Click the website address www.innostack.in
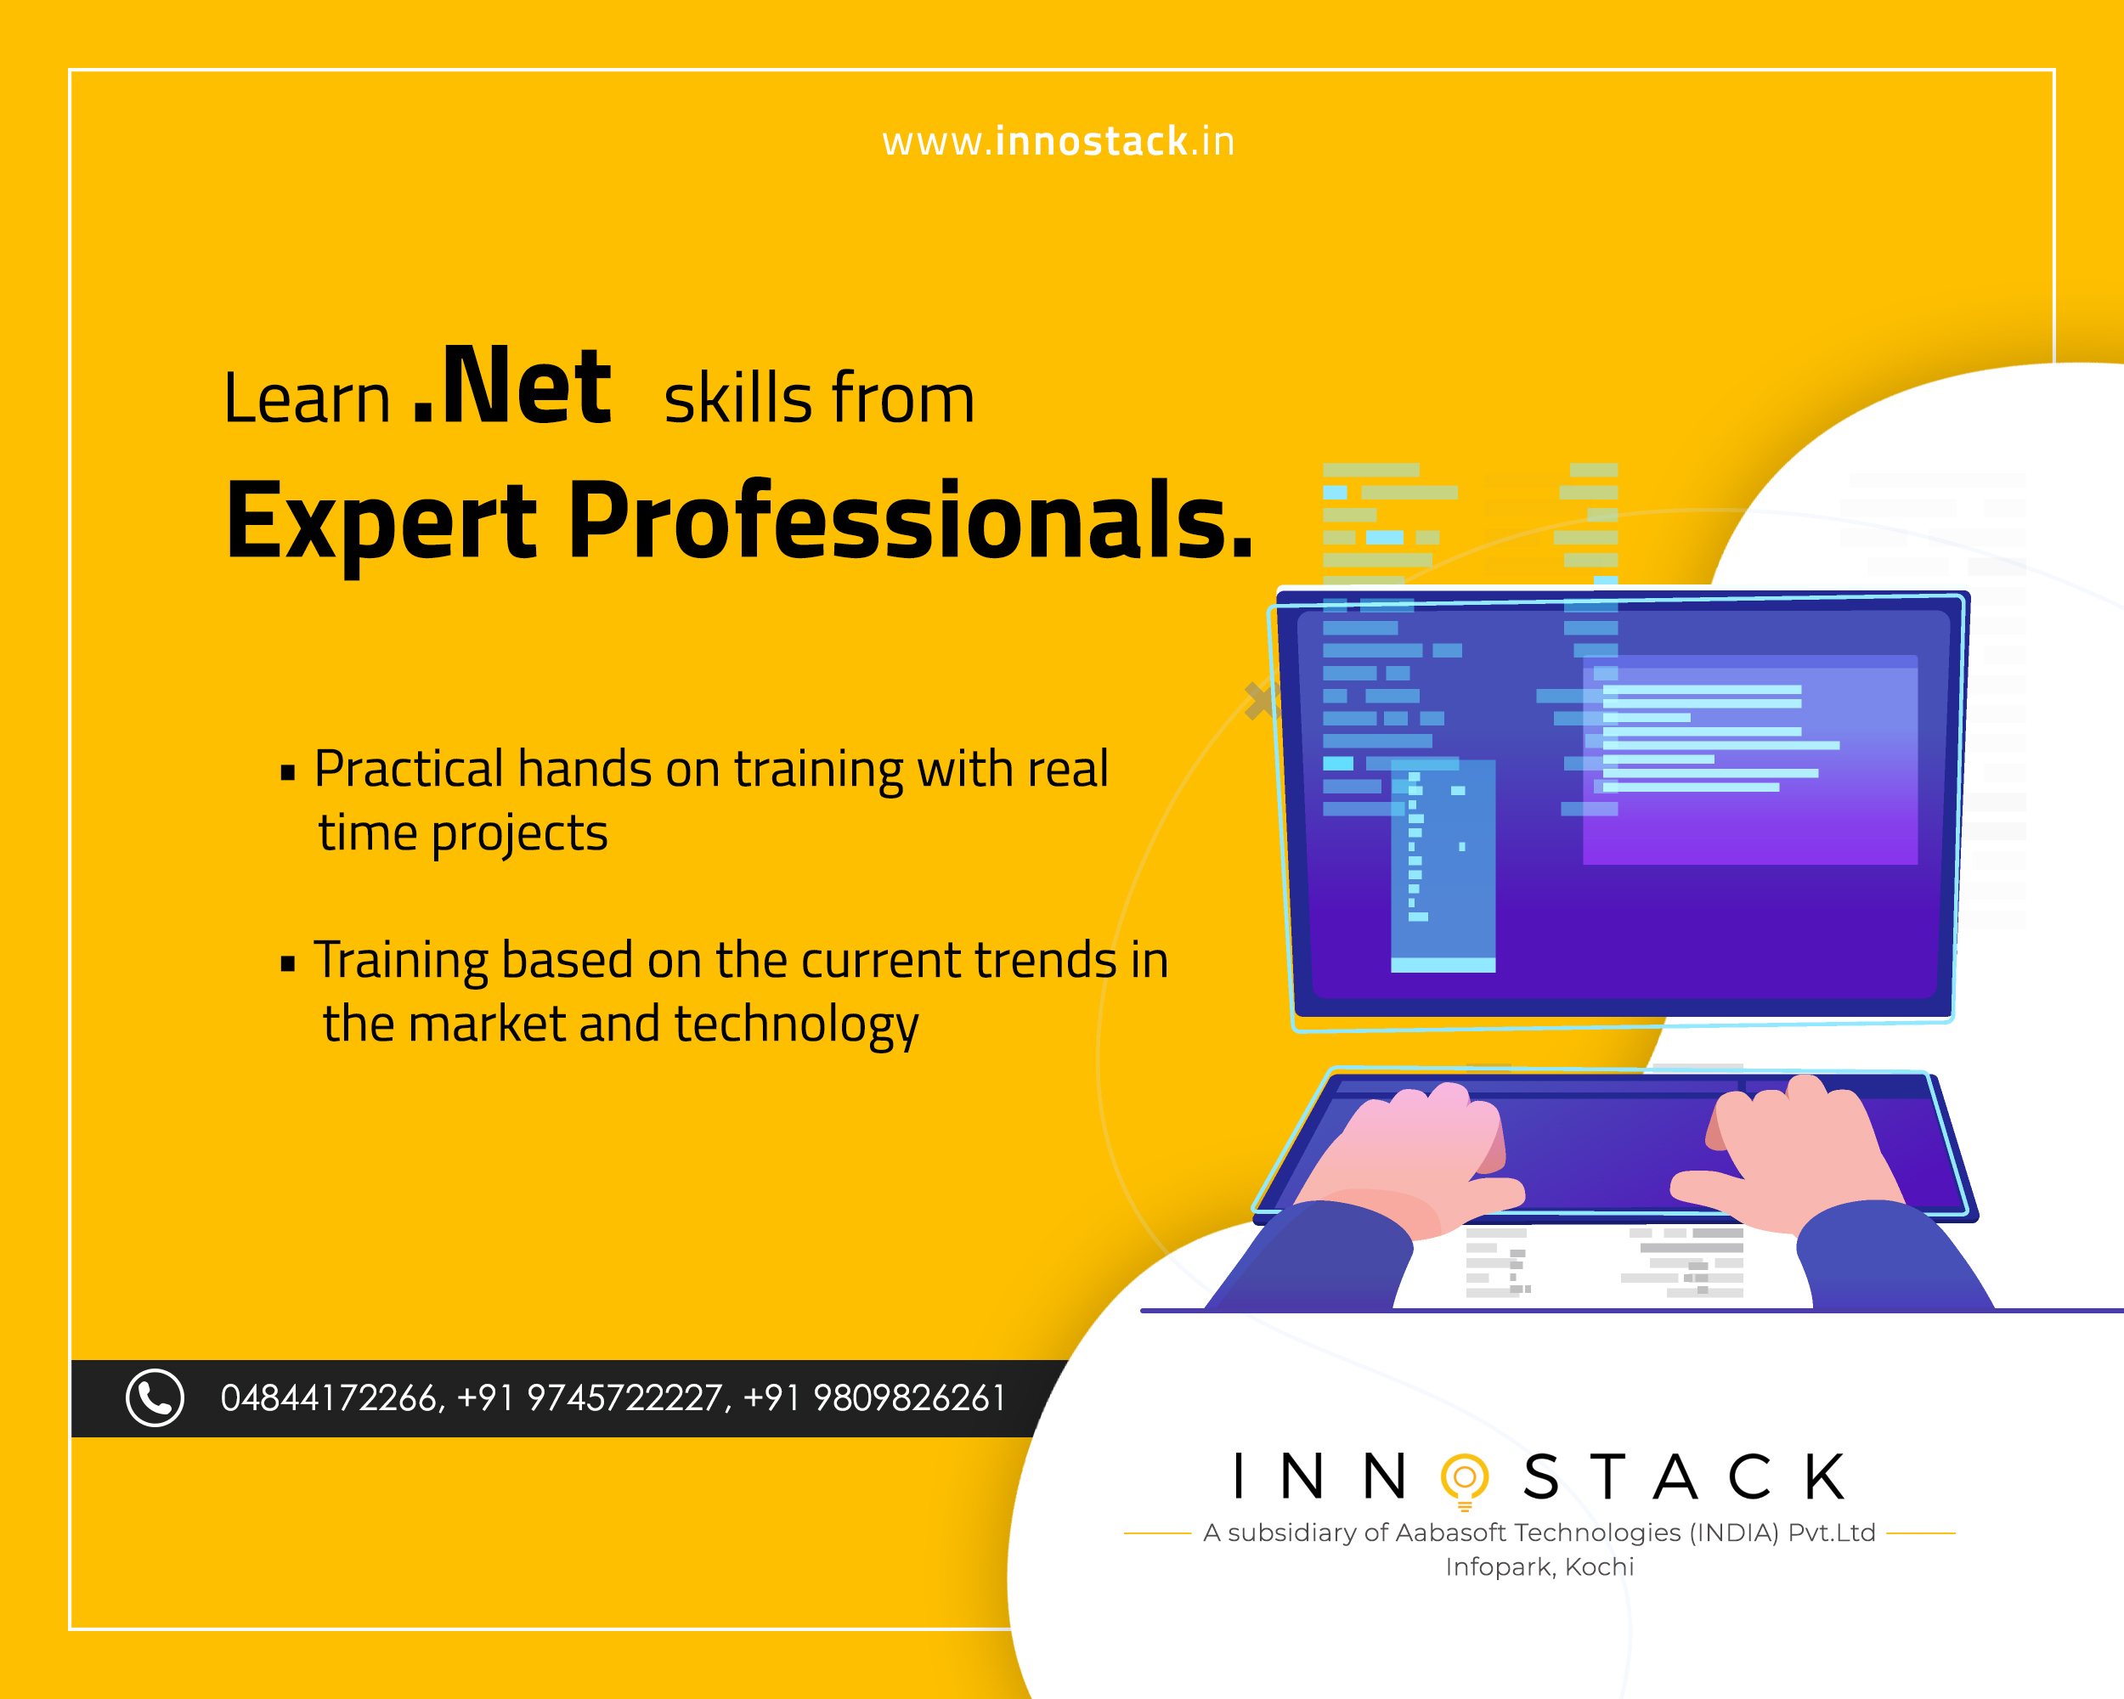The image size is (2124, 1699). (1058, 142)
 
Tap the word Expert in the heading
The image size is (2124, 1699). (381, 522)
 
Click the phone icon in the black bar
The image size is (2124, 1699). (155, 1397)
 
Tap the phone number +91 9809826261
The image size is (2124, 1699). (874, 1398)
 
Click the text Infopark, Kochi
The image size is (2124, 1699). (1539, 1567)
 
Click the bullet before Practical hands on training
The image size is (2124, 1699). (288, 772)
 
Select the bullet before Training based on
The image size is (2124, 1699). (288, 963)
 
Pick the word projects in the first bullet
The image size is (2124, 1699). (519, 835)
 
